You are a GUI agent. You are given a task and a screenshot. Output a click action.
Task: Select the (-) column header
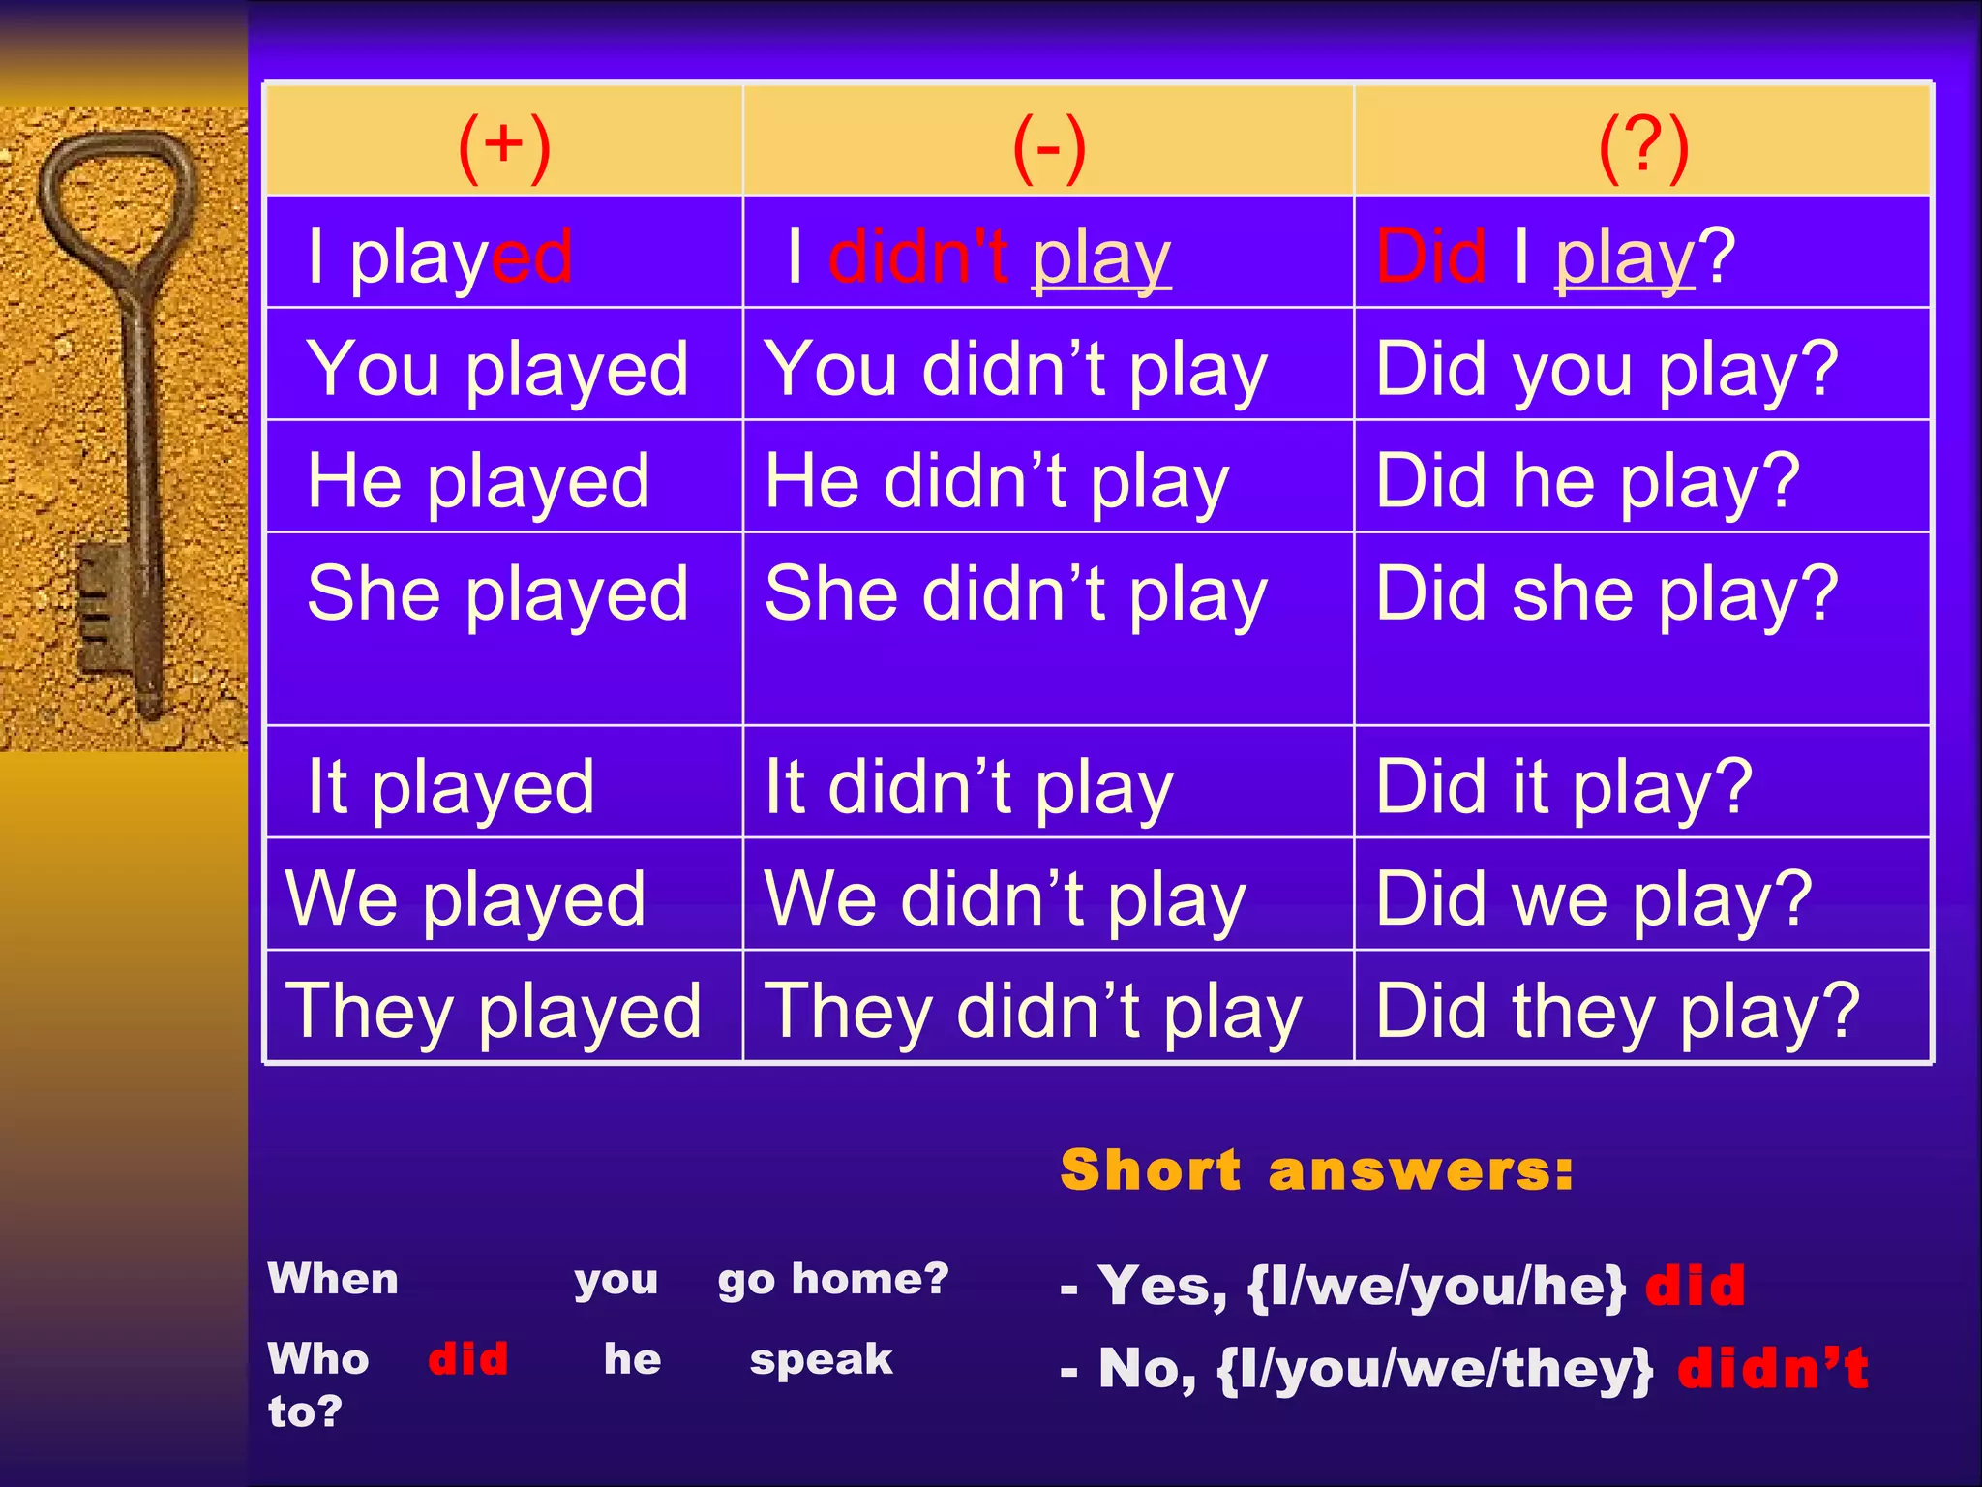click(x=1048, y=147)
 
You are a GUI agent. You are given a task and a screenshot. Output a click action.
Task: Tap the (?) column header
click(x=1643, y=147)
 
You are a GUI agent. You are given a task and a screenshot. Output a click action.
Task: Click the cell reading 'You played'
click(x=497, y=369)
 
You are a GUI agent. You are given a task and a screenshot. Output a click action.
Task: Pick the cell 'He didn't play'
click(x=997, y=481)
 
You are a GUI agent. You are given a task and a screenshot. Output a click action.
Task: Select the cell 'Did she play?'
click(x=1607, y=593)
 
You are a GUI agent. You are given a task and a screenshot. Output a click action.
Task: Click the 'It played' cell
click(x=451, y=786)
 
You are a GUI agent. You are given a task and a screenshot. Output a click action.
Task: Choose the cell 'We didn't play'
click(x=1005, y=898)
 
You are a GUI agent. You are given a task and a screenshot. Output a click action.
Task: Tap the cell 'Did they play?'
click(x=1617, y=1011)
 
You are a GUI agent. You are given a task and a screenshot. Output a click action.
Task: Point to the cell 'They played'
click(x=494, y=1011)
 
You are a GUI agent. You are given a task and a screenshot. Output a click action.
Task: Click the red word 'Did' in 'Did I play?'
click(x=1430, y=257)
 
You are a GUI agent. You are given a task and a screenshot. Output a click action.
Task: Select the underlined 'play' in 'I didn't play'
click(x=1101, y=258)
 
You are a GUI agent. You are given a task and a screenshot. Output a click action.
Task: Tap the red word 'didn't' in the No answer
click(x=1772, y=1368)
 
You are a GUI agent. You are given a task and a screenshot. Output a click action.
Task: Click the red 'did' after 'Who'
click(x=467, y=1358)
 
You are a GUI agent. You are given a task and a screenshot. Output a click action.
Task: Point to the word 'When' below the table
click(x=333, y=1279)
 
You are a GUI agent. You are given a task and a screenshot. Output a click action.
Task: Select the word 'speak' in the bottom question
click(x=821, y=1359)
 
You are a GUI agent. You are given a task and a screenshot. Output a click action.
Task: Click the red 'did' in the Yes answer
click(x=1695, y=1286)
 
